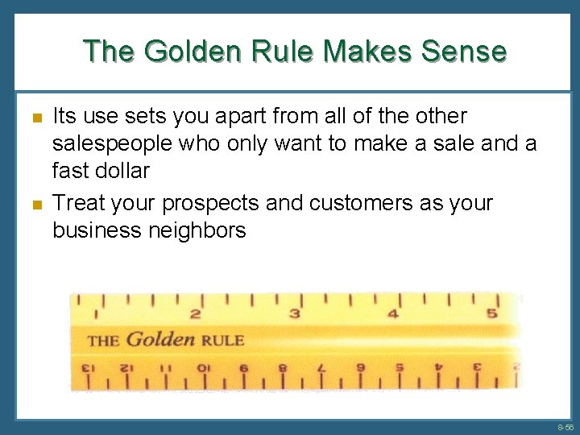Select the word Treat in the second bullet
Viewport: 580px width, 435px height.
click(77, 203)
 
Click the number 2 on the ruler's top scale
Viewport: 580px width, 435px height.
click(195, 314)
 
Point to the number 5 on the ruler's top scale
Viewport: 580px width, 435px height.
click(491, 313)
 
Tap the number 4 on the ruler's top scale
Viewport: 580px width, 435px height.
click(393, 313)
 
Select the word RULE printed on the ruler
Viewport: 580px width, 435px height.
click(223, 340)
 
